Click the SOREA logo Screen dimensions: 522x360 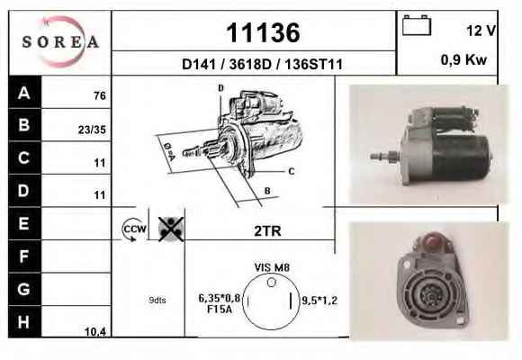60,42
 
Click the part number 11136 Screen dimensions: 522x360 263,32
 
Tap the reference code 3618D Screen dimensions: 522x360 250,64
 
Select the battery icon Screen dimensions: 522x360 417,25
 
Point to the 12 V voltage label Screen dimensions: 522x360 481,31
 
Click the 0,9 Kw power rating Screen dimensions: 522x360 463,60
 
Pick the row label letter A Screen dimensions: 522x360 24,93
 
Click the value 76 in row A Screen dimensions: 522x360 100,96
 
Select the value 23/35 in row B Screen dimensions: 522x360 92,130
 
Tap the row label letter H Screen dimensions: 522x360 23,322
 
